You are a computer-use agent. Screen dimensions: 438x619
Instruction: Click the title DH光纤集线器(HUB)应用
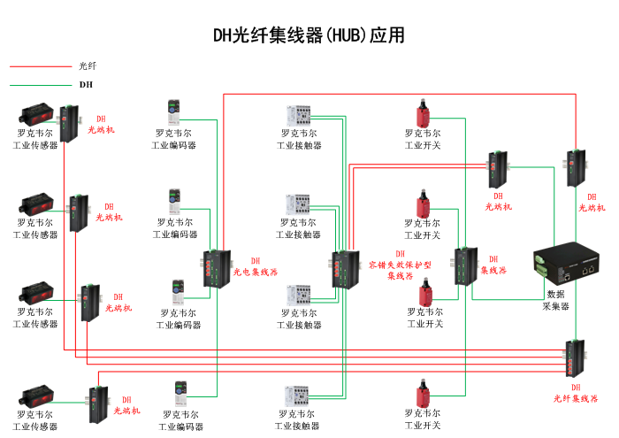(x=309, y=35)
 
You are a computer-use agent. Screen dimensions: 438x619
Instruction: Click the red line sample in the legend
(x=39, y=65)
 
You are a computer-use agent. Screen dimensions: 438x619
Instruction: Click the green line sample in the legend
(x=39, y=85)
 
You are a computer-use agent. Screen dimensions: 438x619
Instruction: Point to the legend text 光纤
(x=88, y=65)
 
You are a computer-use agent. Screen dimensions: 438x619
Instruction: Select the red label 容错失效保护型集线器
(x=401, y=265)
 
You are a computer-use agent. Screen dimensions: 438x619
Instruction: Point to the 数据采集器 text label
(x=555, y=300)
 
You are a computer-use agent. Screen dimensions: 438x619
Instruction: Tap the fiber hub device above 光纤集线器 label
(x=576, y=357)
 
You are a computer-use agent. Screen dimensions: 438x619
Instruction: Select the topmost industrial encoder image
(x=172, y=113)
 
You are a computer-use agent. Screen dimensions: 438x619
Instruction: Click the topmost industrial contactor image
(x=299, y=116)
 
